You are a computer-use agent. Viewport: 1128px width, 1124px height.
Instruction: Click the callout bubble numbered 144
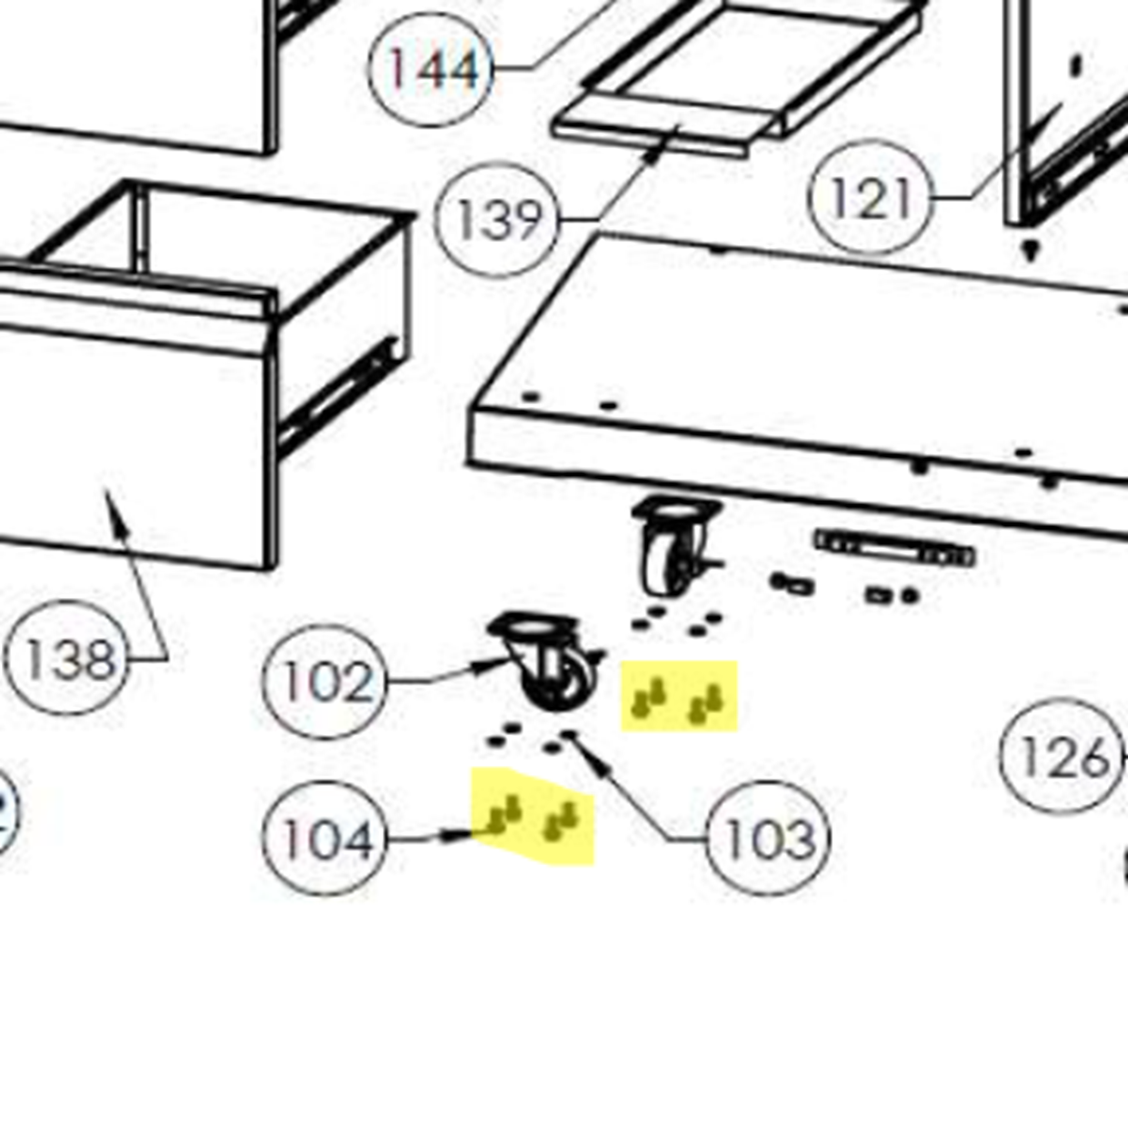click(432, 68)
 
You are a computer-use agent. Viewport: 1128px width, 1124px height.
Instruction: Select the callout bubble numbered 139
click(497, 220)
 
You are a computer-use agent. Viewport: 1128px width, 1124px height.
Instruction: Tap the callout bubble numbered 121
click(870, 198)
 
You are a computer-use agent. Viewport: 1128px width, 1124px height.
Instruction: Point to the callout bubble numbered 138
click(66, 658)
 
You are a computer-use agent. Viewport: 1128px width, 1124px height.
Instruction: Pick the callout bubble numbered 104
click(324, 839)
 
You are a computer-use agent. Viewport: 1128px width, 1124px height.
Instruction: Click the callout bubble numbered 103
click(769, 839)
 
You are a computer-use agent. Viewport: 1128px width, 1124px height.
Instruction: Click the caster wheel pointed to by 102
click(545, 661)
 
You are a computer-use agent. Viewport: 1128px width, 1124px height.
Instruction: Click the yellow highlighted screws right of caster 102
click(679, 698)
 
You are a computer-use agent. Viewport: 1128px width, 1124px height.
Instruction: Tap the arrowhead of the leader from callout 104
click(461, 833)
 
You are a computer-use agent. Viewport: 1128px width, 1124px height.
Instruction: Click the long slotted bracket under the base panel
click(895, 548)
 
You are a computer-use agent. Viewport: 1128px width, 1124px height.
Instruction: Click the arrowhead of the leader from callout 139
click(652, 154)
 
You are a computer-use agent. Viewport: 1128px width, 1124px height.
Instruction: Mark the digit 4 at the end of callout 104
click(355, 840)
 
